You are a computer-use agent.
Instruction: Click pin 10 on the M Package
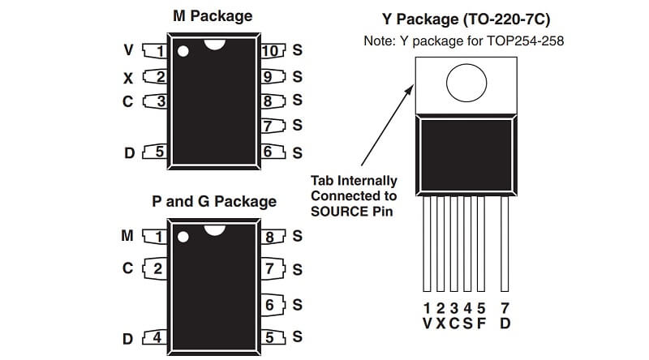tap(271, 51)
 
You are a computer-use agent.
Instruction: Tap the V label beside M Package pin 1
tap(127, 51)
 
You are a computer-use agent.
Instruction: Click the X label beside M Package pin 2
tap(127, 78)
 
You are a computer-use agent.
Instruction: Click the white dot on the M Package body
tap(183, 52)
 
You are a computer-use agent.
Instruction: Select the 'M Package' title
tap(213, 15)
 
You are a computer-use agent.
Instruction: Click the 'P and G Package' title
tap(213, 201)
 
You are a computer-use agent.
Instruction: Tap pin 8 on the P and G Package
tap(271, 237)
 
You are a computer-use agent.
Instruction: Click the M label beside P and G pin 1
tap(127, 236)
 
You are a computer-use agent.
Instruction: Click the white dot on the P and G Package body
tap(183, 238)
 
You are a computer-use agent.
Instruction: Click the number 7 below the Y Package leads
tap(505, 308)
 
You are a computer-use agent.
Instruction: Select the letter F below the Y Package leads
tap(481, 324)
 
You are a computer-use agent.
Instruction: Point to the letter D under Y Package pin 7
tap(505, 324)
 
